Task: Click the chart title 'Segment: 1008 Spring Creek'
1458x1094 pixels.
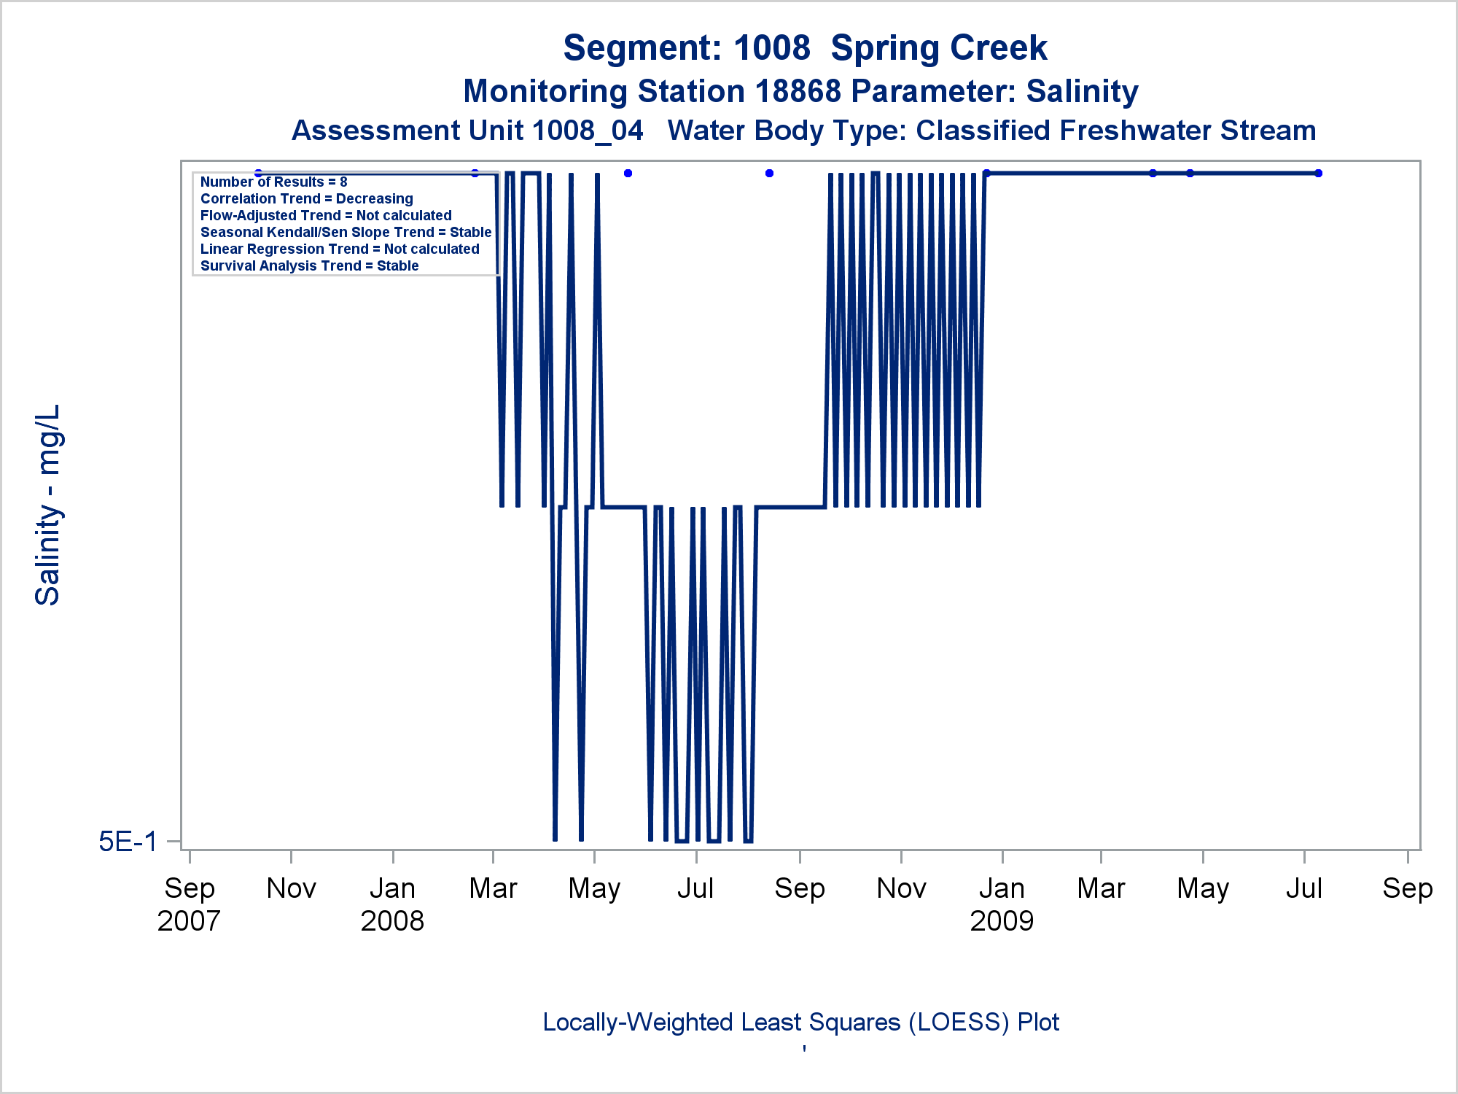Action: click(805, 48)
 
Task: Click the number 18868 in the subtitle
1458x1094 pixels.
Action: click(798, 92)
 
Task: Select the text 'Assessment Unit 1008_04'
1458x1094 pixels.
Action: click(467, 131)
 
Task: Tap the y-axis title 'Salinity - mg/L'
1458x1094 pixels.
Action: click(48, 505)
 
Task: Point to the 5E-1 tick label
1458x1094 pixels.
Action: click(128, 842)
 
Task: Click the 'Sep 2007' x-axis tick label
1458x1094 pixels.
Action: click(189, 904)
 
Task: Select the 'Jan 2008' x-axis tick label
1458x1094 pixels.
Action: click(392, 904)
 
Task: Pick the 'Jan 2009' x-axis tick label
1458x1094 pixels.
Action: click(1002, 904)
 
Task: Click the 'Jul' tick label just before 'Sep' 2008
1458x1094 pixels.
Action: click(695, 888)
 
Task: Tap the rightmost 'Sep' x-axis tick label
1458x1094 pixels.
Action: click(1407, 888)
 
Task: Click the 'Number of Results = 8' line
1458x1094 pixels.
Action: click(273, 182)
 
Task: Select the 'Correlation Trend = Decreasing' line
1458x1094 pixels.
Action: click(306, 199)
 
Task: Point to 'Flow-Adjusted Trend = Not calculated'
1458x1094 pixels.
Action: click(326, 216)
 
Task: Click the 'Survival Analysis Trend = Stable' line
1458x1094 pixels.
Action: click(309, 266)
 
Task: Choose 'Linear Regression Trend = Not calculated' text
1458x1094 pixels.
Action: click(340, 249)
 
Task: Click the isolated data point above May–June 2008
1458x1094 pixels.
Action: click(628, 174)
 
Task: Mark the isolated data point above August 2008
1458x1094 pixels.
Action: click(769, 174)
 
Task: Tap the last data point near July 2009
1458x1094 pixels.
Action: click(1318, 174)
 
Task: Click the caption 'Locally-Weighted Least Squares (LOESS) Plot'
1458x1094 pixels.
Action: click(800, 1023)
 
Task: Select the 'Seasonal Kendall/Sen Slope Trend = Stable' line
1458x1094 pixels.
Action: click(346, 233)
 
